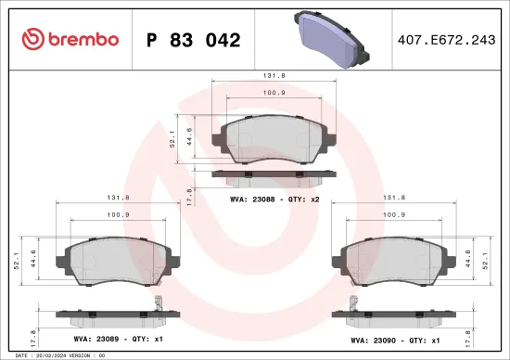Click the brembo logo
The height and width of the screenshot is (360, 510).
click(70, 39)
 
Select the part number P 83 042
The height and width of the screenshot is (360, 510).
click(193, 40)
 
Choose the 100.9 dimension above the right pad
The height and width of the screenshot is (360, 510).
click(395, 214)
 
